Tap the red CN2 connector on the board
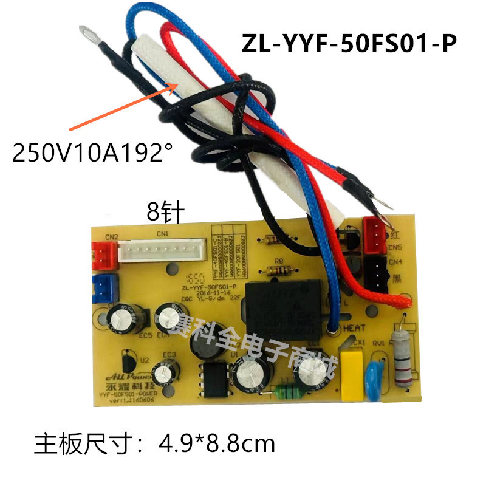(101, 249)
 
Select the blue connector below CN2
(103, 283)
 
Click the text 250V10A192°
(92, 152)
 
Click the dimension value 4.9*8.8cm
(216, 442)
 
